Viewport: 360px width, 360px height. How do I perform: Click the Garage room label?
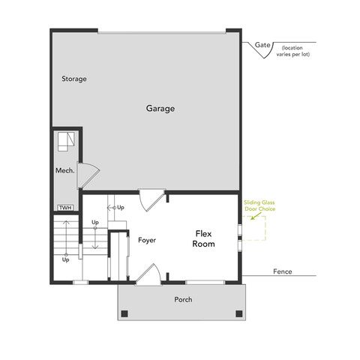coord(160,109)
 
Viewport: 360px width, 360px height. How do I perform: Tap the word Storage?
coord(74,79)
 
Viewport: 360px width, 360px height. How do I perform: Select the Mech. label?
coord(64,171)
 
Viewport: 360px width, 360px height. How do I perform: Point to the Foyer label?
coord(146,240)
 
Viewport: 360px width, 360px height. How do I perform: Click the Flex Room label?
coord(203,238)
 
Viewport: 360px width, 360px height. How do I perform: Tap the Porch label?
coord(183,300)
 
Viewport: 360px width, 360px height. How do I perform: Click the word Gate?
coord(262,45)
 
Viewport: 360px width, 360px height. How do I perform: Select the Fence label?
coord(283,271)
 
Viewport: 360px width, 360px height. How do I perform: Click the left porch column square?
coord(125,313)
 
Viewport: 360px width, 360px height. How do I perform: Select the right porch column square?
coord(239,313)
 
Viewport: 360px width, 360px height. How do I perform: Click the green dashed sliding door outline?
coord(254,229)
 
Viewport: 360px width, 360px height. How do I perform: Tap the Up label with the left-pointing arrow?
coord(115,207)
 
